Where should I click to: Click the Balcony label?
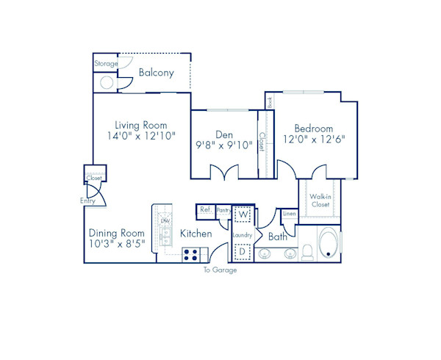[x=156, y=73]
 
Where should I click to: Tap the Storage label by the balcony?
[x=106, y=64]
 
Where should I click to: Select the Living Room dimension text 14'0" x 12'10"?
[x=141, y=137]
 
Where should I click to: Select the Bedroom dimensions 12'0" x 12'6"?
[x=314, y=139]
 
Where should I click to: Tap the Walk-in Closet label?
[x=319, y=201]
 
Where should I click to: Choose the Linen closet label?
[x=289, y=215]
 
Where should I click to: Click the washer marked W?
[x=243, y=214]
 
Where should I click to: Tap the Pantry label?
[x=223, y=210]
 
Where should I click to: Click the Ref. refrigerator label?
[x=206, y=210]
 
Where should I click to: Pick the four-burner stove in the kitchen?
[x=192, y=255]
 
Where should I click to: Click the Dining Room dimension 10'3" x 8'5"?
[x=118, y=242]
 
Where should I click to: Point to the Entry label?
[x=87, y=201]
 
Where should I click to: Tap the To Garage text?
[x=220, y=270]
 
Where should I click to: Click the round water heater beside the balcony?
[x=107, y=82]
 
